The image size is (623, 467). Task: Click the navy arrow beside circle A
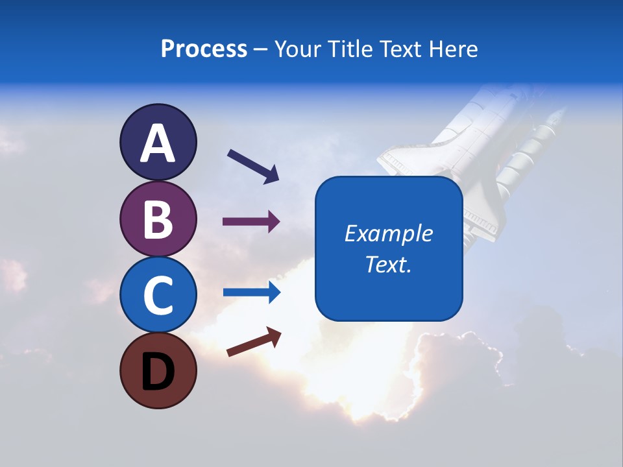tap(253, 165)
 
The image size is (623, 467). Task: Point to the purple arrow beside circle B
tap(251, 222)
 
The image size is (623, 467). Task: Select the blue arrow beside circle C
tap(252, 293)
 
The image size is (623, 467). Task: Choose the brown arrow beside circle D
tap(254, 342)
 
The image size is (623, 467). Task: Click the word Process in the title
tap(204, 49)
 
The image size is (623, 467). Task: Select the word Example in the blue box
tap(388, 233)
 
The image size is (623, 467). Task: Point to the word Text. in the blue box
tap(388, 264)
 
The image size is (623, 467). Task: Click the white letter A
tap(158, 144)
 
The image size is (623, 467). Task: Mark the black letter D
tap(158, 372)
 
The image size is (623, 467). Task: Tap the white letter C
tap(158, 295)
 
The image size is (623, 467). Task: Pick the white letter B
tap(158, 219)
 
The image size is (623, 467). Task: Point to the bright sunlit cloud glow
tap(337, 383)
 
